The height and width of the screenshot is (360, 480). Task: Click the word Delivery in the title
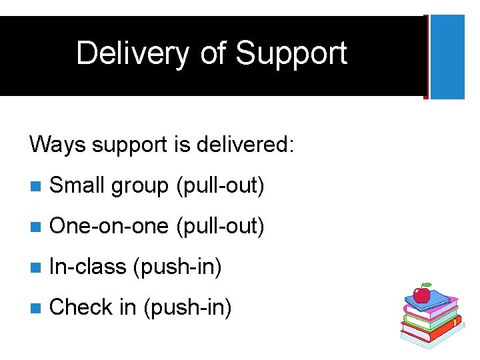point(132,53)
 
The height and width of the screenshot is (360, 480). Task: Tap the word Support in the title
point(292,53)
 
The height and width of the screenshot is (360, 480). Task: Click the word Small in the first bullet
point(77,186)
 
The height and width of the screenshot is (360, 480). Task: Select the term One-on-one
point(109,227)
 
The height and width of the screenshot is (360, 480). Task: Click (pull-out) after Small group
point(219,187)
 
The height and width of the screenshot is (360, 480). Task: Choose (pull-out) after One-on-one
point(219,227)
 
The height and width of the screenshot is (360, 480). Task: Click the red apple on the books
point(421,294)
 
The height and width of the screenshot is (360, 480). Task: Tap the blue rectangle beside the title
point(447,57)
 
